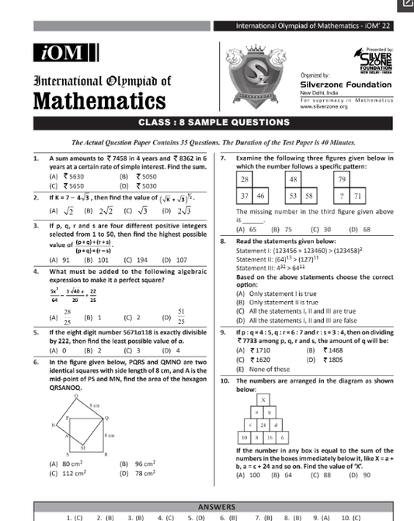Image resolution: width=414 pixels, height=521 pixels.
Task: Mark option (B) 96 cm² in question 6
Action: (x=136, y=463)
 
